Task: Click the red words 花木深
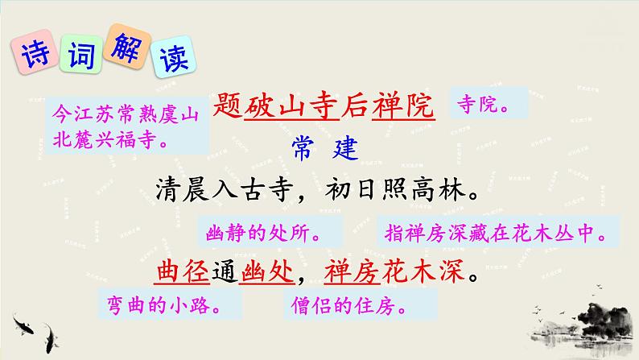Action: tap(427, 271)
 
